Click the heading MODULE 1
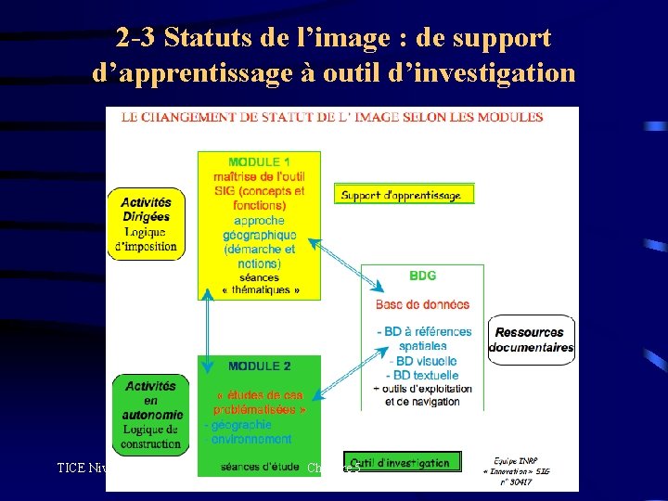(x=260, y=161)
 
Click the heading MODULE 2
(x=260, y=366)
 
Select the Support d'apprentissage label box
(x=404, y=195)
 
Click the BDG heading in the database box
(x=422, y=276)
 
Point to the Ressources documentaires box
(x=530, y=340)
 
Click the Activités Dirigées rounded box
(x=146, y=224)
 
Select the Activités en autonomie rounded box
(x=151, y=414)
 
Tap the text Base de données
(x=422, y=304)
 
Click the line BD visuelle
(x=424, y=361)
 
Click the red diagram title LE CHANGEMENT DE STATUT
(x=325, y=117)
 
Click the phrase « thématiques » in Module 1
(x=260, y=290)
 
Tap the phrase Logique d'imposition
(x=146, y=240)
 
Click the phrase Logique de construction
(x=151, y=437)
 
